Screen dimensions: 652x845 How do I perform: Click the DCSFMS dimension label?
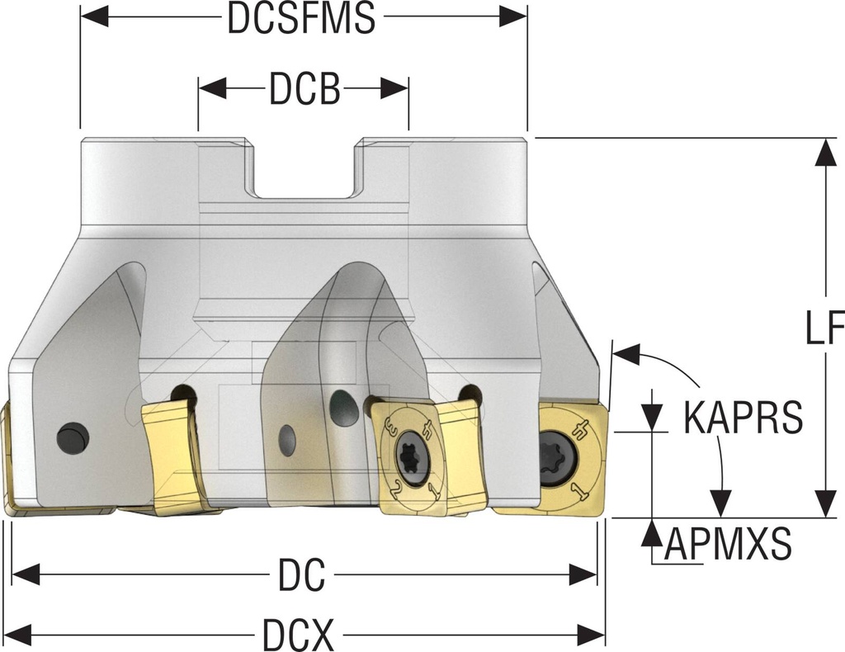coord(302,20)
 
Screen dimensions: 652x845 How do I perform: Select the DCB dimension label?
coord(304,90)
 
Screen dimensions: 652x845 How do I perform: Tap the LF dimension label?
coord(824,329)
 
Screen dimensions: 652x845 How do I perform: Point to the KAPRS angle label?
coord(743,418)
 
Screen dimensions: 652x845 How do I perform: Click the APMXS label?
coord(729,544)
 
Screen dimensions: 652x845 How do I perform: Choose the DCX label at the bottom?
coord(298,635)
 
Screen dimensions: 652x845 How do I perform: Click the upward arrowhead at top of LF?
coord(825,152)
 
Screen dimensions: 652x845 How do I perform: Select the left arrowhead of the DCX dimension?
coord(18,635)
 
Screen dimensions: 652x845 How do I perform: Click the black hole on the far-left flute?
coord(73,437)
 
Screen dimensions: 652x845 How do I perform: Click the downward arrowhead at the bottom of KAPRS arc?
coord(721,502)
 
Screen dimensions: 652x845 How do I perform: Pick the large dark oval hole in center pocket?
coord(343,408)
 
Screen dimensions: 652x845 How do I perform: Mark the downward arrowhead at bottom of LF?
coord(825,503)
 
